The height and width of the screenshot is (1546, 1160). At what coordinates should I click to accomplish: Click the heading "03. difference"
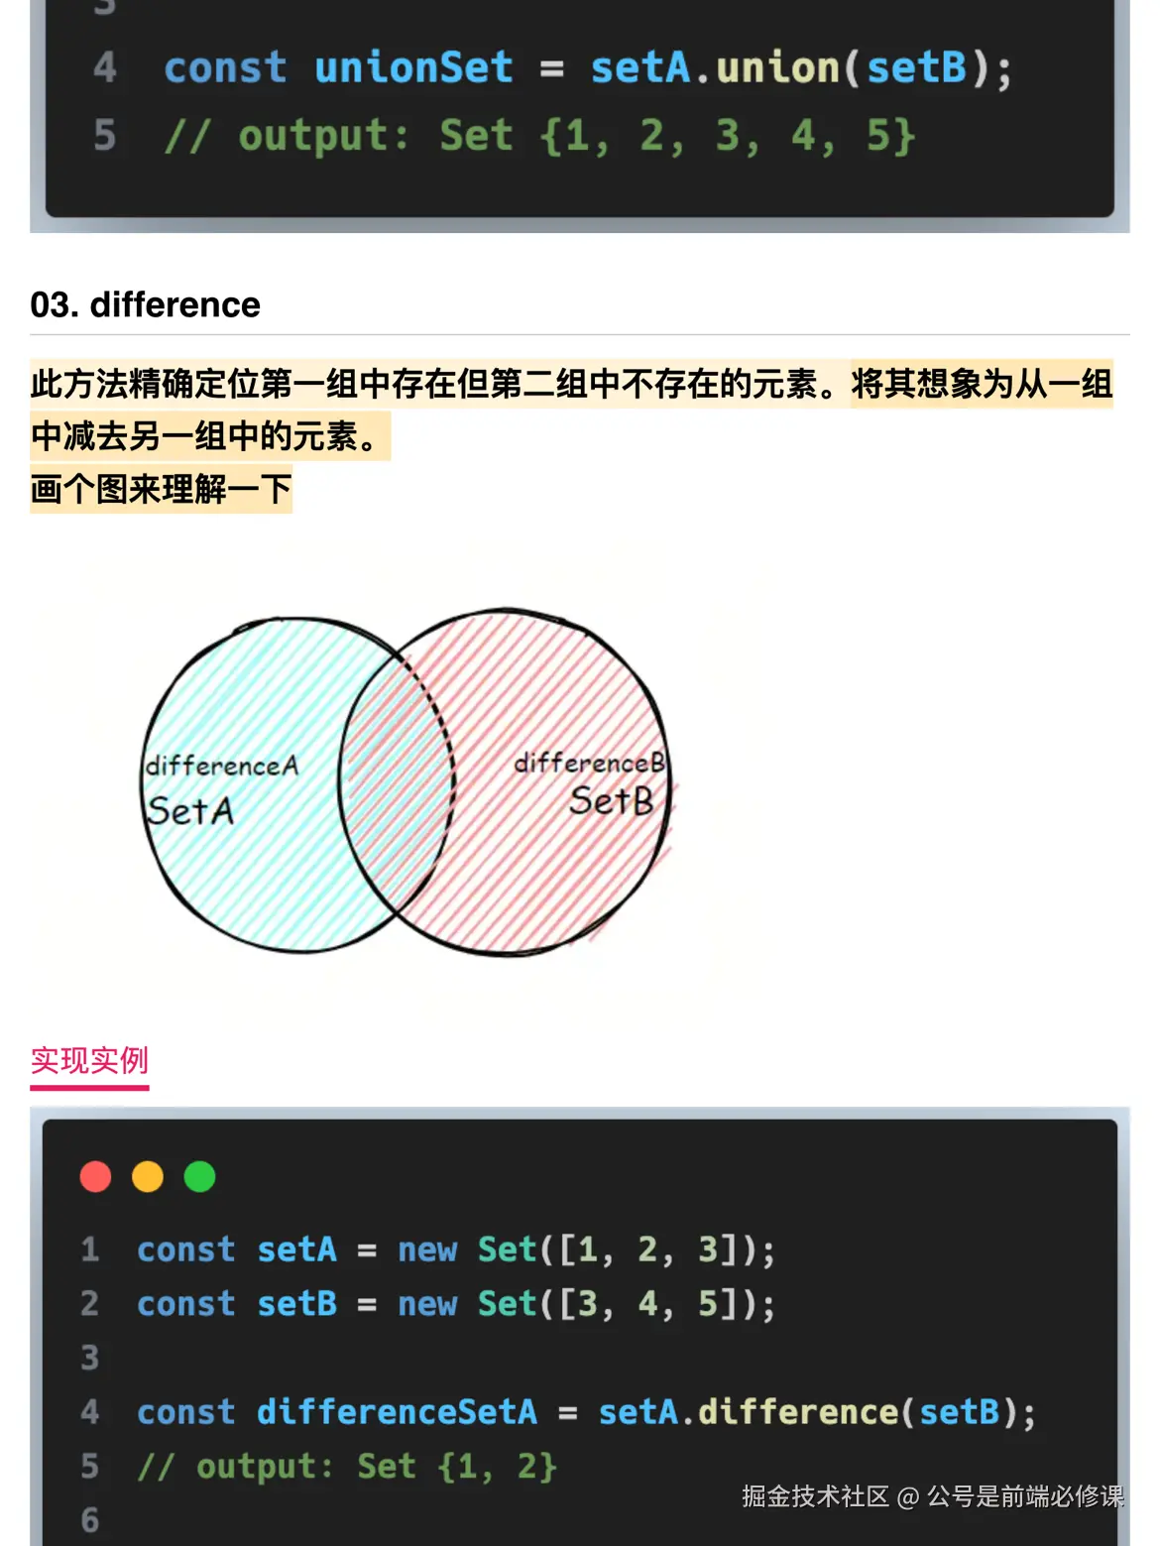(145, 304)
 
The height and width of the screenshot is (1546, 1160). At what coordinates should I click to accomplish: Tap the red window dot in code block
(96, 1176)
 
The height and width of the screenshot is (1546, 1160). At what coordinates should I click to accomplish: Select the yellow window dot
(148, 1176)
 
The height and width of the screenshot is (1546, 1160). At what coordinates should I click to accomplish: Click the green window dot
(200, 1176)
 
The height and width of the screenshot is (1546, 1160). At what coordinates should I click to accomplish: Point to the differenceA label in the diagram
(222, 765)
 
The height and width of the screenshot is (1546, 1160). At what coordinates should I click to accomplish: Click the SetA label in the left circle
(190, 810)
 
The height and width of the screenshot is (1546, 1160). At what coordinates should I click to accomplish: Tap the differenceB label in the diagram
(590, 762)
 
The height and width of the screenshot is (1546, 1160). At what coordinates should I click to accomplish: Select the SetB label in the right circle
(611, 800)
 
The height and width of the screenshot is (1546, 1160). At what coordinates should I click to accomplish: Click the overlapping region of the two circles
(397, 781)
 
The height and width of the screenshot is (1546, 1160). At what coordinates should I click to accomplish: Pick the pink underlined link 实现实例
(89, 1060)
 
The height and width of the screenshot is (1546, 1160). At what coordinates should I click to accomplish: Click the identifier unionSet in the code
(413, 67)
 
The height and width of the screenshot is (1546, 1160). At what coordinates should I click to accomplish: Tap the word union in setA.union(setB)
(777, 67)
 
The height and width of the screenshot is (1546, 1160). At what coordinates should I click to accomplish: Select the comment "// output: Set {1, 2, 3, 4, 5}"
(539, 135)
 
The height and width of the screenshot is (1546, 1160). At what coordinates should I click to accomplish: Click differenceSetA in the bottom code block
(397, 1411)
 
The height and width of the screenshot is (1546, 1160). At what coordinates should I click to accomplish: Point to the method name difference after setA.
(798, 1411)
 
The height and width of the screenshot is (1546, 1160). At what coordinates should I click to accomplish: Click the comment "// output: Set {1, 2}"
(347, 1467)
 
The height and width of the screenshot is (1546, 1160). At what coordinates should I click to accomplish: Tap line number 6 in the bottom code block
(89, 1520)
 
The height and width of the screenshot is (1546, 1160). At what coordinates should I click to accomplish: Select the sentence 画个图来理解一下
(161, 489)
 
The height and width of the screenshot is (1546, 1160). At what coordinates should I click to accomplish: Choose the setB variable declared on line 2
(297, 1304)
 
